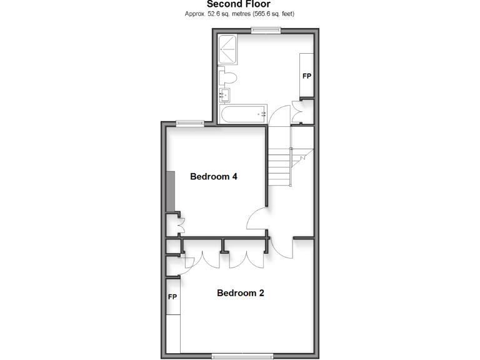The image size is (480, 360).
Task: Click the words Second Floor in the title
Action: pos(239,4)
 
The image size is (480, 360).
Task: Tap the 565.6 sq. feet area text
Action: pos(268,14)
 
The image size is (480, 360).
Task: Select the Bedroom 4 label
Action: pos(213,177)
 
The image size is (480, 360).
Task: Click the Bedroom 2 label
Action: pos(240,292)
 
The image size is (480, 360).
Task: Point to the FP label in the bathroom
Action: pos(307,76)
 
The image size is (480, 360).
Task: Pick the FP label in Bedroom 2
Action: pos(172,297)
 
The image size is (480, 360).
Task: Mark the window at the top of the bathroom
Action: pos(265,31)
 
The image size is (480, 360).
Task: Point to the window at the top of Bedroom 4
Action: pos(189,123)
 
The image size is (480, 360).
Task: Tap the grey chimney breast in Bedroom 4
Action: pos(171,191)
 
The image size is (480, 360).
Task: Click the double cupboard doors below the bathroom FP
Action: pos(298,111)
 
